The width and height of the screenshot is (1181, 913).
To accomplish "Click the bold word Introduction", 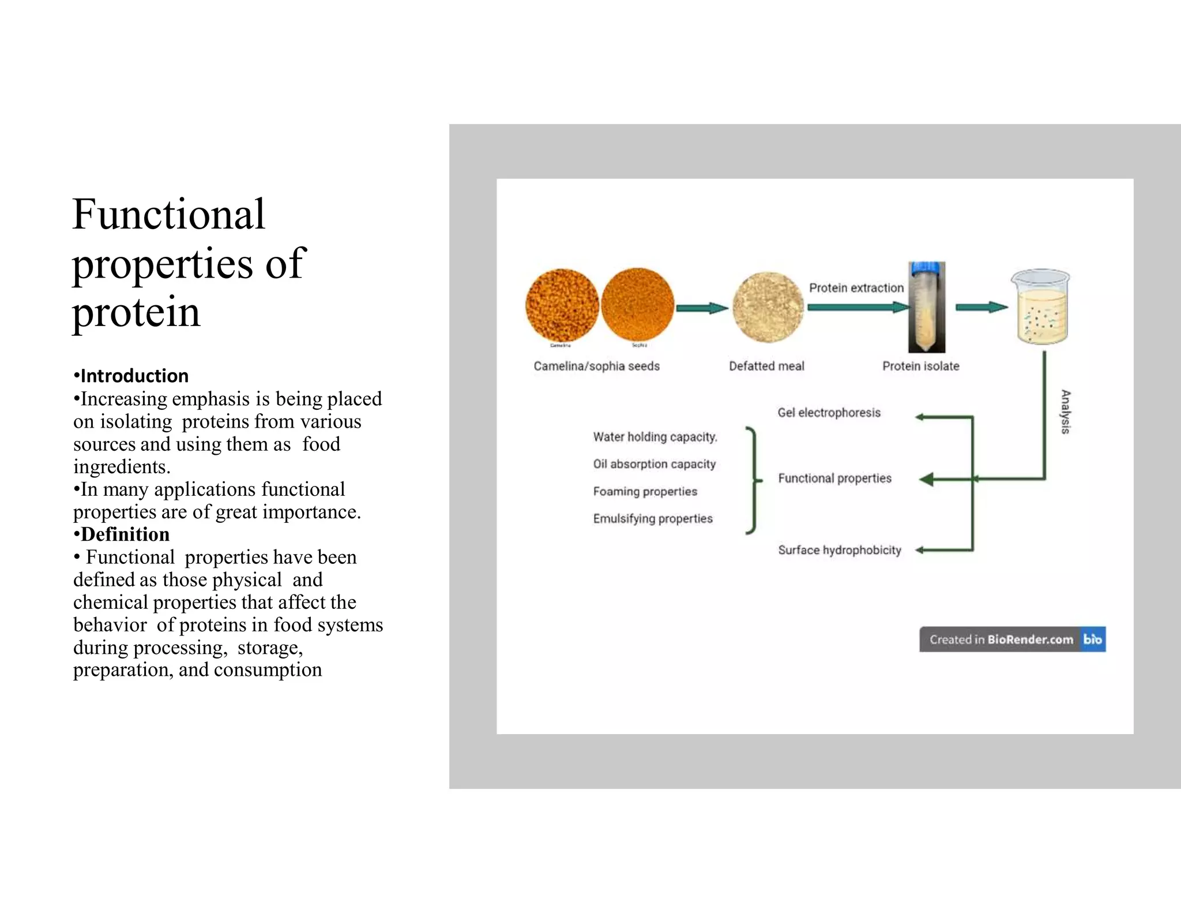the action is [x=134, y=376].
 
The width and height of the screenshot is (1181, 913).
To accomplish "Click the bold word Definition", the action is [x=125, y=534].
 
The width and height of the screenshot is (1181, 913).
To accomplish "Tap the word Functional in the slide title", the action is [x=168, y=214].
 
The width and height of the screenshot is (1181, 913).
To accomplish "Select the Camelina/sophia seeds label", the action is [x=596, y=366].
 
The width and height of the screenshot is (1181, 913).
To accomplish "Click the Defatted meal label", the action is [x=766, y=366].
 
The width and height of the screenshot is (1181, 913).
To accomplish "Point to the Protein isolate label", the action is [x=920, y=366].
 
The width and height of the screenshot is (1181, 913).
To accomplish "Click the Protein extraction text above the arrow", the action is [x=856, y=288].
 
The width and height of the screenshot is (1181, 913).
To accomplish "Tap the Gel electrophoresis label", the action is [x=829, y=413].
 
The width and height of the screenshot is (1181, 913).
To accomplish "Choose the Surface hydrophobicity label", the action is [x=839, y=550].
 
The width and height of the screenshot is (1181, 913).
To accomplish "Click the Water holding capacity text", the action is [x=655, y=437].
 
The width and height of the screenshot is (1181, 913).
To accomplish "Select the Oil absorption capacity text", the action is [x=654, y=464].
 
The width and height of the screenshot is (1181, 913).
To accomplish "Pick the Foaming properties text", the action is [x=645, y=491].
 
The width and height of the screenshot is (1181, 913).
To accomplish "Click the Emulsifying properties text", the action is [x=653, y=518].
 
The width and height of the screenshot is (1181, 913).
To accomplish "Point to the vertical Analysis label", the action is [x=1066, y=411].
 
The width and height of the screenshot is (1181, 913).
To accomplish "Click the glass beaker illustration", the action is [x=1041, y=307].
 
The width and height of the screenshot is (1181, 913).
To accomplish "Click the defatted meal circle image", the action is [x=768, y=307].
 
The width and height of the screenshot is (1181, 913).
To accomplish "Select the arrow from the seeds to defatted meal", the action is [x=701, y=308].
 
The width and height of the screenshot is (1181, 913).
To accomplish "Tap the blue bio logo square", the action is [x=1093, y=639].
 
